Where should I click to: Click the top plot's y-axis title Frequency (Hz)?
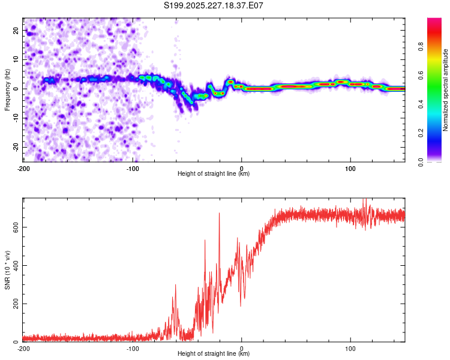(7, 89)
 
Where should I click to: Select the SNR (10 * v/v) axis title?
(7, 270)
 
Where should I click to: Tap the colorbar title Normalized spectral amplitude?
(446, 90)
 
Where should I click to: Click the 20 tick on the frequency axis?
(16, 30)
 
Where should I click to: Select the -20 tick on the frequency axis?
(15, 147)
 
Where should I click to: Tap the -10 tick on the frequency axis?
(15, 118)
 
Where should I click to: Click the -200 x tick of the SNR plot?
(23, 348)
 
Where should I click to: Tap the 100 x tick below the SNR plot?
(350, 348)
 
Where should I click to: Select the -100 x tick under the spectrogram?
(132, 168)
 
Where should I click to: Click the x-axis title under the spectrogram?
(214, 174)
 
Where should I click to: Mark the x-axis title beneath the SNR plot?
(214, 354)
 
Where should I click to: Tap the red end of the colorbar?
(434, 24)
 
